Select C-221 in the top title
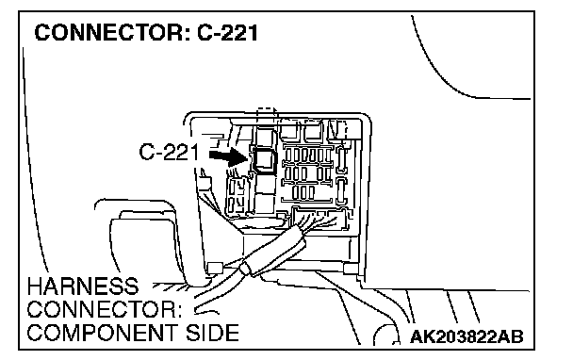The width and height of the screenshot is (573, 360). point(227,33)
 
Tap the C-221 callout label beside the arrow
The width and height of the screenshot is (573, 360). point(169,152)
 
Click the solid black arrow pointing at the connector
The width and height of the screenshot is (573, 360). point(228,156)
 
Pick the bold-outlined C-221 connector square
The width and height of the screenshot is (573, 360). point(264,158)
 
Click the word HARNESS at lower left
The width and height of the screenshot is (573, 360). point(83,286)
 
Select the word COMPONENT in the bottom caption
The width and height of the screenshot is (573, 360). point(102,333)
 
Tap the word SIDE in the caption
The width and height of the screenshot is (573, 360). point(212,333)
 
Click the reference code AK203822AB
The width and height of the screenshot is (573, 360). point(467,336)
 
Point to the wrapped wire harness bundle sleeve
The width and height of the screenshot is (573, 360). point(272,251)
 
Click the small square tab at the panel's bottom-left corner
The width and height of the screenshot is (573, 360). point(215,268)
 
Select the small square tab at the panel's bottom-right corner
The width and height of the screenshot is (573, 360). point(351,269)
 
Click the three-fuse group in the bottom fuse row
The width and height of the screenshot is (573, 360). point(303,192)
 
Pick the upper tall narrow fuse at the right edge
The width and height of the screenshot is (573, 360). point(342,159)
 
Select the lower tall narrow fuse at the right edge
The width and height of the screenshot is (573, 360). point(341,190)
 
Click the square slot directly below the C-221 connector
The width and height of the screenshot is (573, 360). point(265,184)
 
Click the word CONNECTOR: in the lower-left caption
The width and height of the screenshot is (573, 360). point(105,309)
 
